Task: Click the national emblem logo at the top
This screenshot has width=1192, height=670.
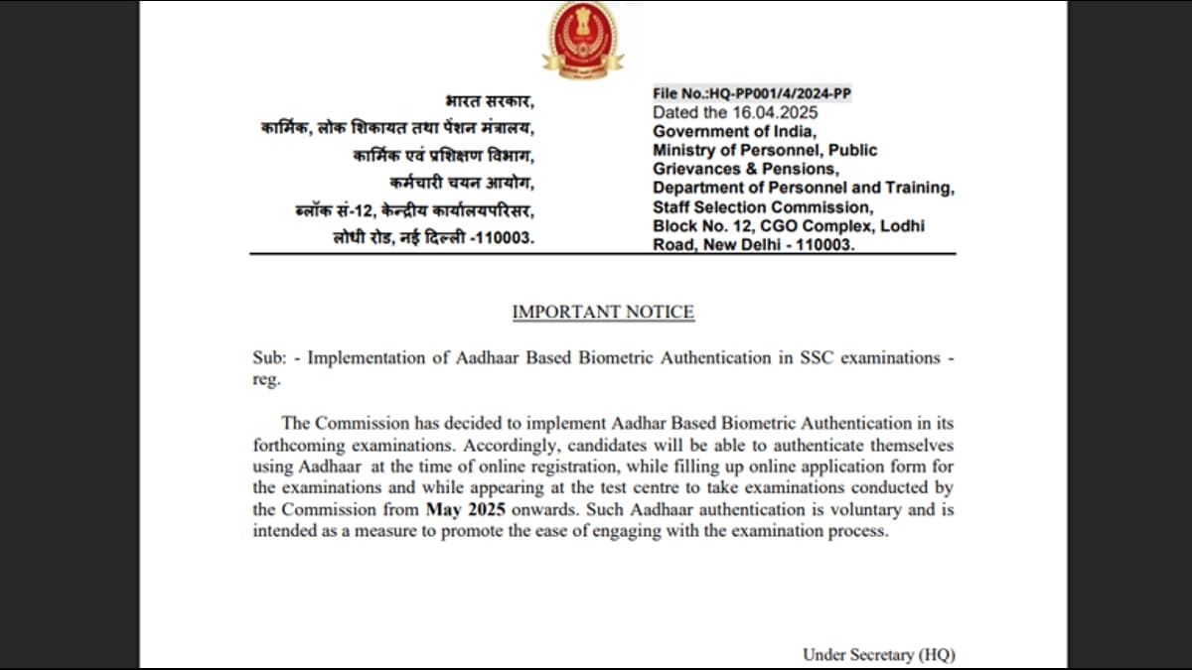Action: tap(582, 37)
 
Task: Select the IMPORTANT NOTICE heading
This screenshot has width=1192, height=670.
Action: tap(603, 312)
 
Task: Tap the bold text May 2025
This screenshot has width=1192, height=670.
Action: tap(466, 510)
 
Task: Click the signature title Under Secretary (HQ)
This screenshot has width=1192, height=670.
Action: tap(878, 654)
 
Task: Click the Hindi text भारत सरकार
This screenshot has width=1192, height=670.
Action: tap(490, 102)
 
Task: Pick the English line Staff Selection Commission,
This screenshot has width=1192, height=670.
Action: tap(763, 207)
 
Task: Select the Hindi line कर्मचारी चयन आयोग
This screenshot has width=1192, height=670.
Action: tap(462, 184)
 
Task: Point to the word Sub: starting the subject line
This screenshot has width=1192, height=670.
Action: tap(268, 357)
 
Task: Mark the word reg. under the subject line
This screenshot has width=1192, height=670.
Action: tap(267, 379)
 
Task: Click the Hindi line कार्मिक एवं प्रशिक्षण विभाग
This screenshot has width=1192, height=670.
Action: tap(443, 157)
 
